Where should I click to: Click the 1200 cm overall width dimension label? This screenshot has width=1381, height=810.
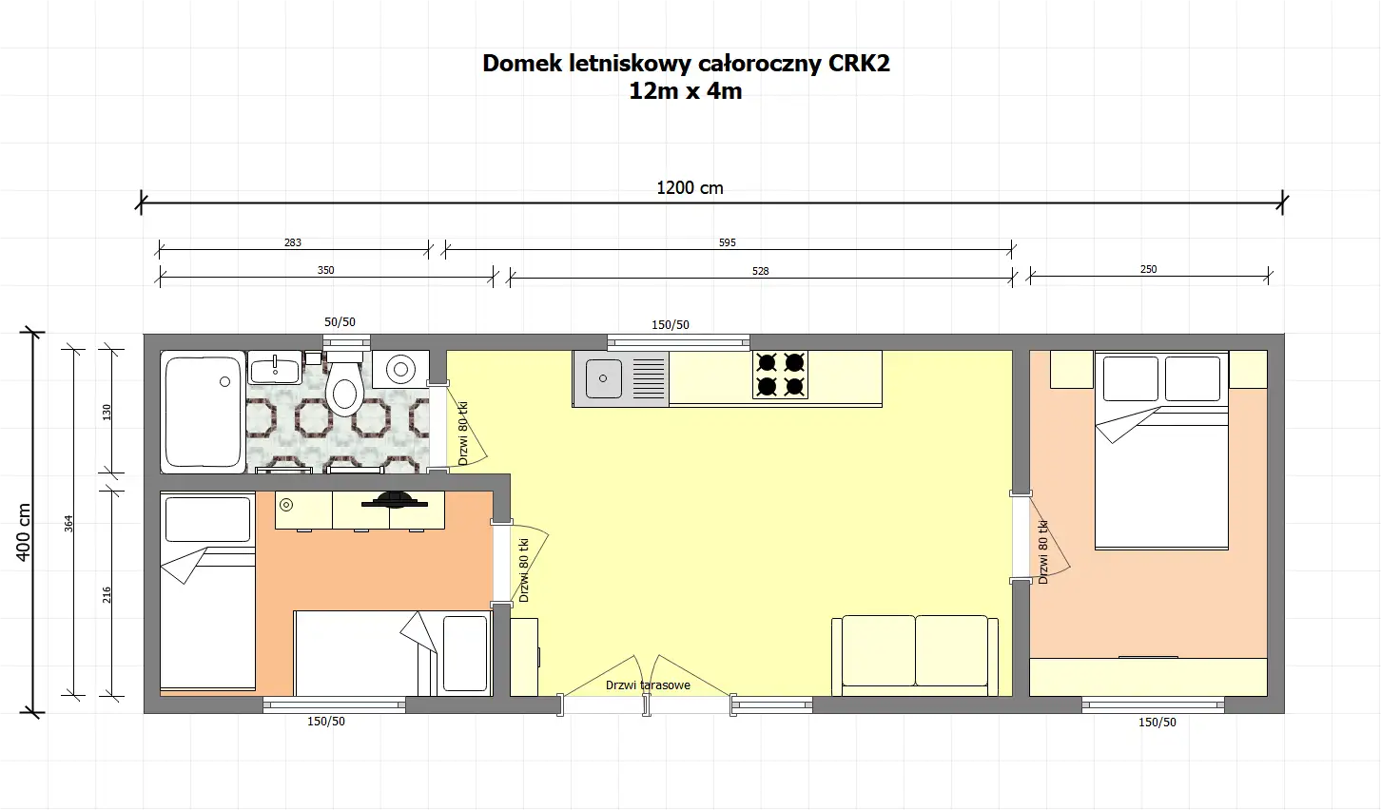tap(690, 188)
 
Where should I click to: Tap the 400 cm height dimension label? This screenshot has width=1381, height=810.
tap(25, 532)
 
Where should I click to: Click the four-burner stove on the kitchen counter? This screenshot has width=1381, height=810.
tap(780, 374)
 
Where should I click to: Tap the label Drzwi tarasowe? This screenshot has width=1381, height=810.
tap(648, 685)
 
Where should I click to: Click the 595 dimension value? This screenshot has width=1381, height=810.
tap(727, 242)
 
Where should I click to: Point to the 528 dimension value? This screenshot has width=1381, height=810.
tap(760, 271)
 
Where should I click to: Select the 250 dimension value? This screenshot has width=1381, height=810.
tap(1148, 269)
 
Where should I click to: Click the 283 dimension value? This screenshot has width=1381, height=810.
tap(293, 242)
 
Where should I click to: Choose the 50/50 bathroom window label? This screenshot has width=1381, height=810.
tap(340, 322)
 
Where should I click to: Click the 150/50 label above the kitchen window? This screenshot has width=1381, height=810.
tap(671, 325)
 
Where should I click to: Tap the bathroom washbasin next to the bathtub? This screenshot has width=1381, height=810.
tap(275, 367)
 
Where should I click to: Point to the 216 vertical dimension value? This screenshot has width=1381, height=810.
tap(107, 594)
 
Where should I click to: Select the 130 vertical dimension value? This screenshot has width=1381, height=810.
tap(107, 412)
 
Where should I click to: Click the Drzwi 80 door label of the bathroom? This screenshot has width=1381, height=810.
tap(463, 434)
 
